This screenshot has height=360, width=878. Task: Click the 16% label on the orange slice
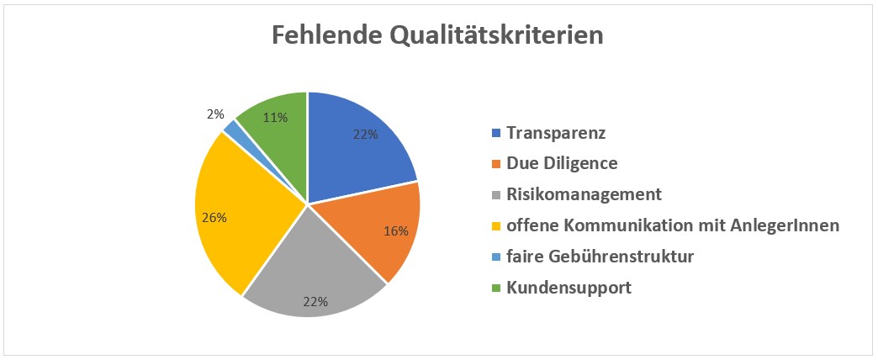[x=396, y=230]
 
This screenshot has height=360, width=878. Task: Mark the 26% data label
[x=214, y=217]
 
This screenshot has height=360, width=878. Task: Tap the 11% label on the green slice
[x=275, y=118]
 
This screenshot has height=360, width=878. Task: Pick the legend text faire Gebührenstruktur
[x=600, y=257]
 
